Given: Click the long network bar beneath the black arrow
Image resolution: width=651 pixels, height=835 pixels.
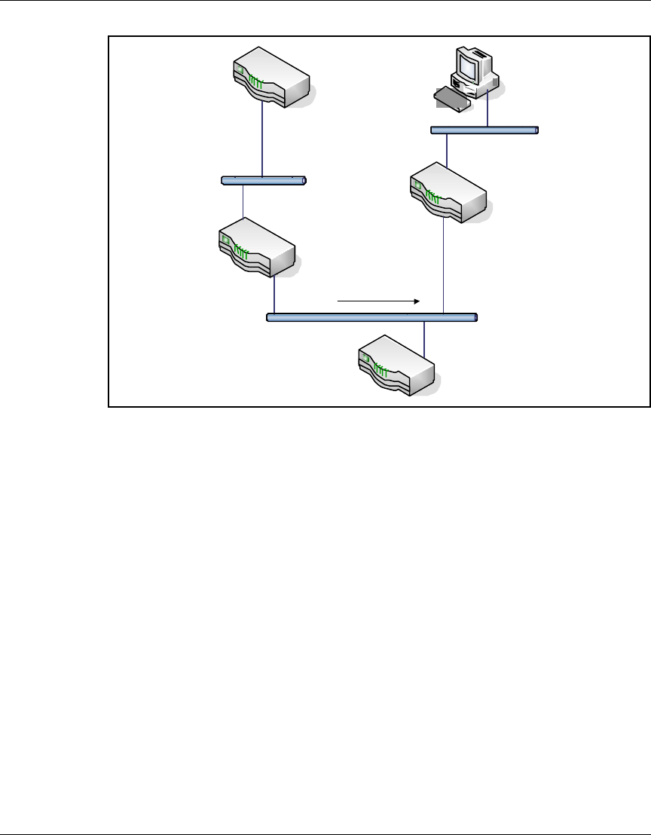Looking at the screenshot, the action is click(372, 317).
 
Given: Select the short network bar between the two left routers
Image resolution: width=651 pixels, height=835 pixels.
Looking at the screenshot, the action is click(264, 181).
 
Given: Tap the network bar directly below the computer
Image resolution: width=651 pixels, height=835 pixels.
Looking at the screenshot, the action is click(484, 130).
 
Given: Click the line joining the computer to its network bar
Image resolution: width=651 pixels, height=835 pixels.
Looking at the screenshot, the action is click(488, 109).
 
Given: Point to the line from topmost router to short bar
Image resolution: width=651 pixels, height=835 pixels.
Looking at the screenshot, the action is click(261, 139).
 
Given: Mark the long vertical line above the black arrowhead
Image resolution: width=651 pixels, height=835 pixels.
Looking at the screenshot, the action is click(445, 264).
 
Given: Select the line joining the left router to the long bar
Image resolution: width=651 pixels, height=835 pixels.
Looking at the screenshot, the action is click(274, 294).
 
